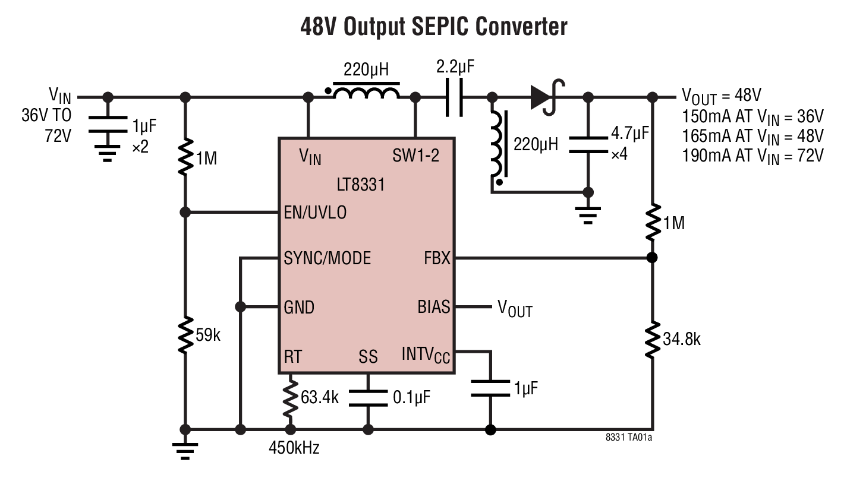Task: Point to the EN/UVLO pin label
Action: coord(315,213)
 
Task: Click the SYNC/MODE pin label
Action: coord(328,258)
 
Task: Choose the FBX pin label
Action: coord(437,258)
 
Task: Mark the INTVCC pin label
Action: coord(426,356)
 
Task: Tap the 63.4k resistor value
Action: coord(319,397)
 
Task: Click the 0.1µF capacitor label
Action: coord(412,397)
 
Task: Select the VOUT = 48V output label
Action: coord(721,96)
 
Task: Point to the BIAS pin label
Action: coord(434,307)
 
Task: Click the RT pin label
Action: coord(292,356)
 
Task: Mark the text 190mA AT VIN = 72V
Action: coord(752,155)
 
